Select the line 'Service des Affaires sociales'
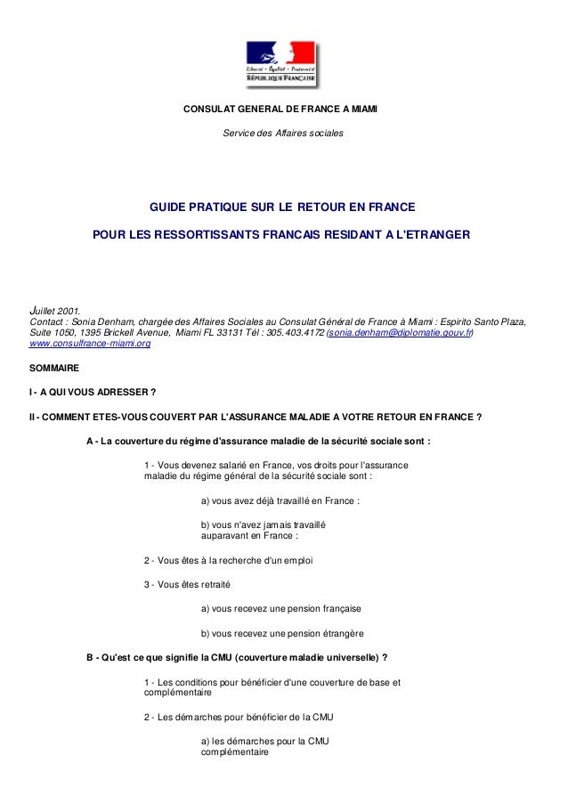click(280, 134)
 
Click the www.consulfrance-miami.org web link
click(89, 343)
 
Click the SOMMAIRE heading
click(53, 368)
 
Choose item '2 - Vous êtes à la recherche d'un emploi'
click(229, 560)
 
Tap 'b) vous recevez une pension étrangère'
click(282, 634)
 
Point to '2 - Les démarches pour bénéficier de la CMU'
click(239, 716)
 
